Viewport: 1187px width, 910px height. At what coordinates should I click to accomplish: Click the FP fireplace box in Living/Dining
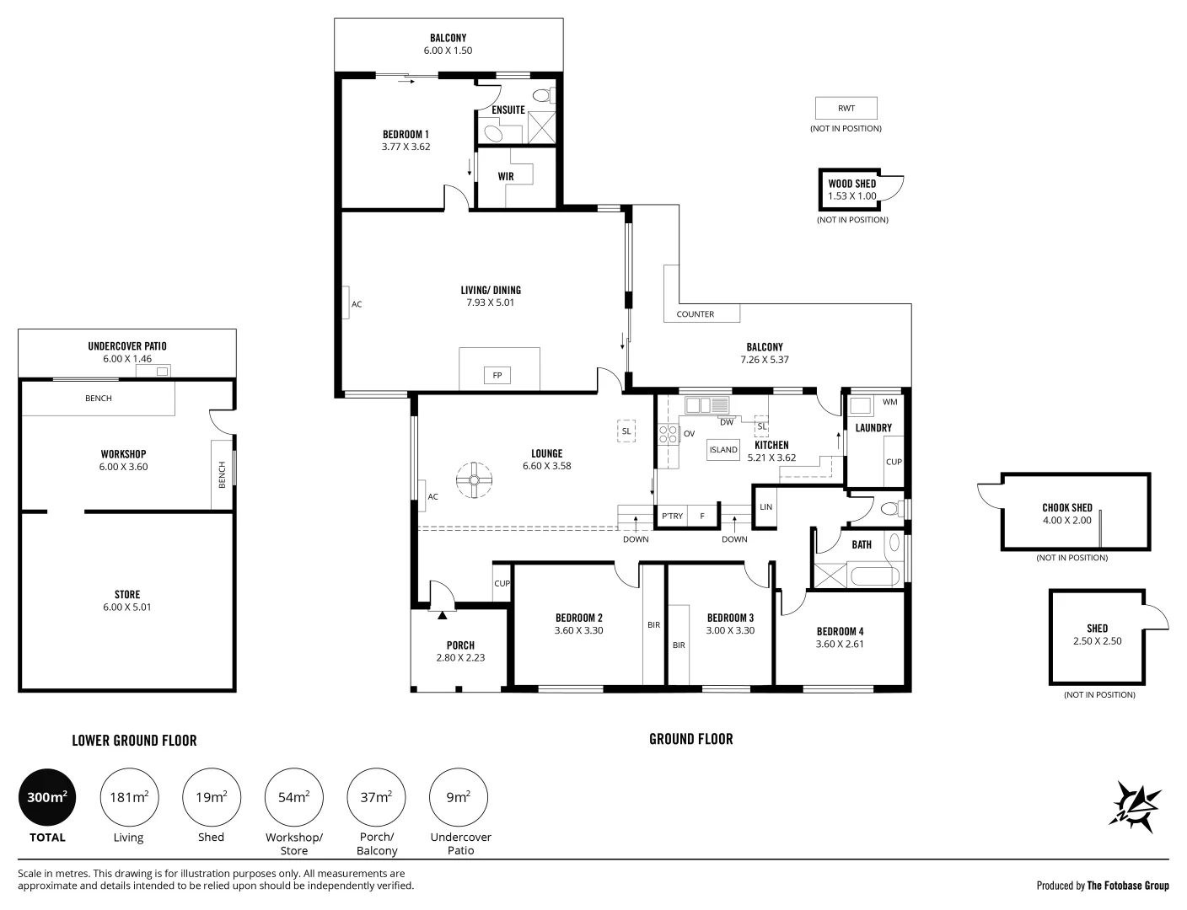point(497,375)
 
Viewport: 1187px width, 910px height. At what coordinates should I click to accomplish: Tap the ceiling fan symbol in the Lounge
point(474,480)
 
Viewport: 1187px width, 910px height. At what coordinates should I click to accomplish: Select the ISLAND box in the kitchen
point(723,450)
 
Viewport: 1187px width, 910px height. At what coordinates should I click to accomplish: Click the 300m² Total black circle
point(47,797)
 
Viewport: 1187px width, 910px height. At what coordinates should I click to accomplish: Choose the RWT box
point(846,108)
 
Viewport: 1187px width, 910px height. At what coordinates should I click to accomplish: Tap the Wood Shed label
point(852,184)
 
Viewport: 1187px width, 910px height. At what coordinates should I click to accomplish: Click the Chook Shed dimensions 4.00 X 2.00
point(1066,520)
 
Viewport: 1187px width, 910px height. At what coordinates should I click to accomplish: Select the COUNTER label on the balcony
point(695,314)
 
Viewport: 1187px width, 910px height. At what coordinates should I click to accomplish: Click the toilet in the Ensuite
point(542,96)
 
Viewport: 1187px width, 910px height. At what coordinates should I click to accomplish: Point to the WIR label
point(506,176)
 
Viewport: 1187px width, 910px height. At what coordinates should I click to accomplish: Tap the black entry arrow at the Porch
point(442,615)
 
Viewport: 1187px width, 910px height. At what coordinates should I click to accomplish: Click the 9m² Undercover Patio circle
point(459,797)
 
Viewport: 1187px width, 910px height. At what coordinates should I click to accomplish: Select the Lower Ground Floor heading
point(134,741)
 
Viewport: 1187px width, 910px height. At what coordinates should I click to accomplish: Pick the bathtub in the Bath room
point(873,576)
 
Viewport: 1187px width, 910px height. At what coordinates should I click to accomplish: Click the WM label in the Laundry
point(890,402)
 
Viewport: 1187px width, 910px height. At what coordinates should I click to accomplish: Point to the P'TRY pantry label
point(672,516)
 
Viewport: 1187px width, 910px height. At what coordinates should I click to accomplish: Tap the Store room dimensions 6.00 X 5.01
point(126,607)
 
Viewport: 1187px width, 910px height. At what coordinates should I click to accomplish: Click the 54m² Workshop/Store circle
point(294,797)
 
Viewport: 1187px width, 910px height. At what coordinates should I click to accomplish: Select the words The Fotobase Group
point(1128,886)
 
